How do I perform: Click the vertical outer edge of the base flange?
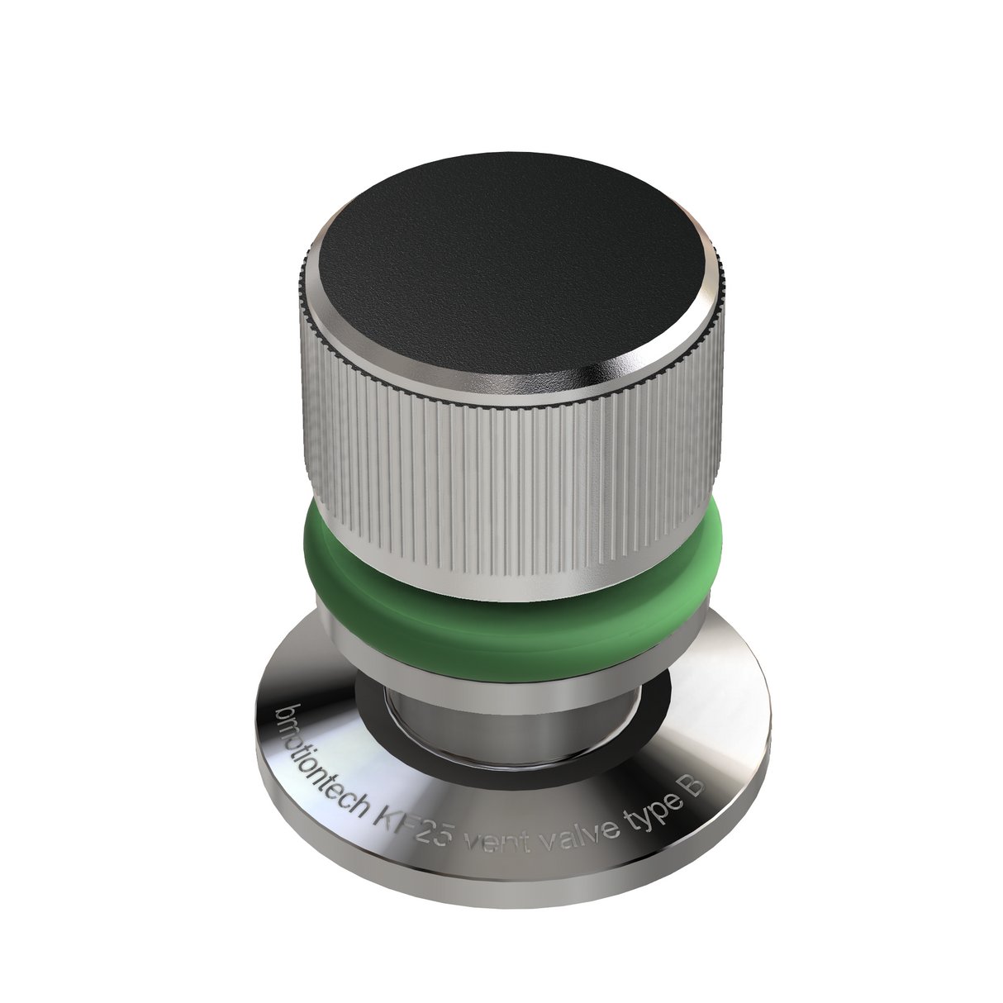click(496, 888)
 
